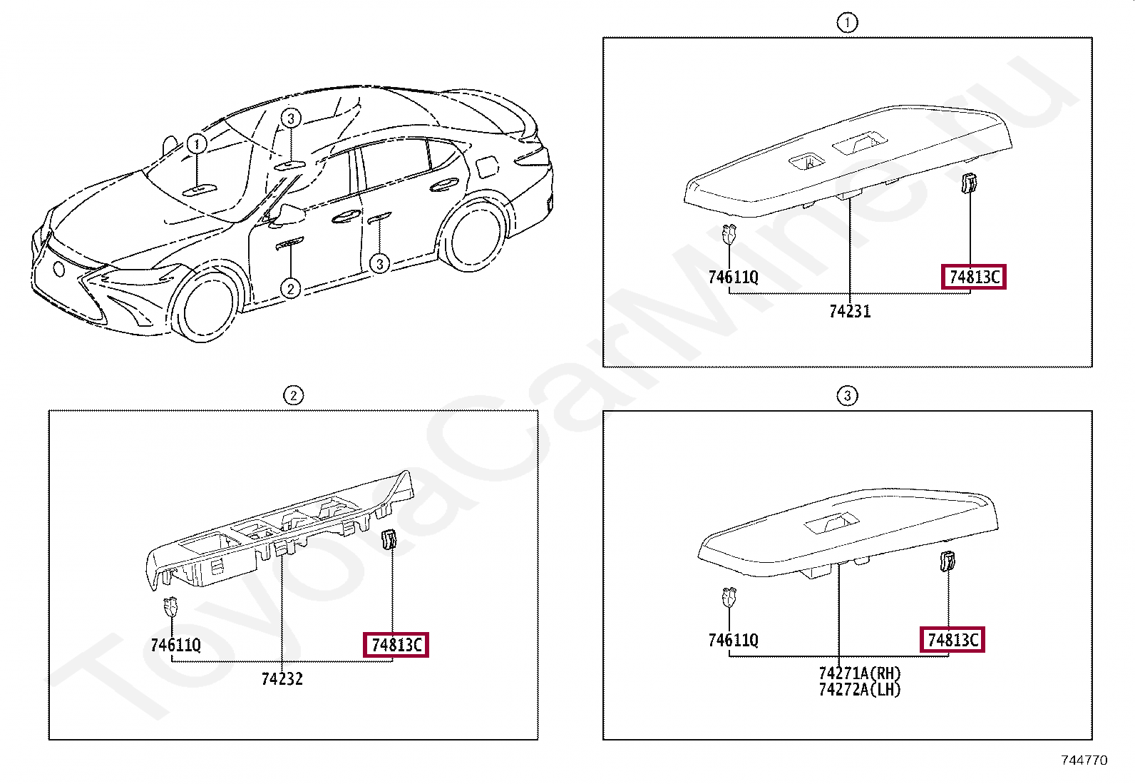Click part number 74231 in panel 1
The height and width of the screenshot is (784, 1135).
[850, 311]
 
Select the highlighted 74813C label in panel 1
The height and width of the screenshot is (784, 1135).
[973, 277]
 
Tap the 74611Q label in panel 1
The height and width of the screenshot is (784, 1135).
[733, 277]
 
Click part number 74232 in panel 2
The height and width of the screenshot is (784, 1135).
[282, 678]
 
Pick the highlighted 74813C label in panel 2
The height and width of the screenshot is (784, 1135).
[396, 645]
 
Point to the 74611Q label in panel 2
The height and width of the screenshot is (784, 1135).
[176, 645]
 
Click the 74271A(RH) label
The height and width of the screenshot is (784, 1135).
[860, 673]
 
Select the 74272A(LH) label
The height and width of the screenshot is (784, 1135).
[860, 690]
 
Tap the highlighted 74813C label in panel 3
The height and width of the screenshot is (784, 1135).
[952, 639]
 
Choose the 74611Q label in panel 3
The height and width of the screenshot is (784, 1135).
[733, 640]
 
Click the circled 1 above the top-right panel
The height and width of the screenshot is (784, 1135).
[847, 23]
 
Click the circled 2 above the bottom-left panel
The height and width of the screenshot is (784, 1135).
[294, 395]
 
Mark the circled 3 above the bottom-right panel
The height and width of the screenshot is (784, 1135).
[847, 395]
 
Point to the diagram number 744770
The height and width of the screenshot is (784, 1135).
[1084, 760]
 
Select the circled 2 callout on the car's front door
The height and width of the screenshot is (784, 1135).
[290, 289]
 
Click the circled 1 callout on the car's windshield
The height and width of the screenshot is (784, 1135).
[197, 143]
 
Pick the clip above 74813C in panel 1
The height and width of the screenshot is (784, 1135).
[969, 183]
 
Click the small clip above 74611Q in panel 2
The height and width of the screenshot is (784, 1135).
[171, 606]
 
